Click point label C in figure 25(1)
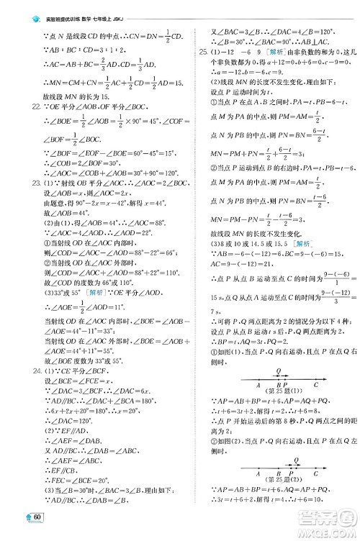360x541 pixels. tap(315, 404)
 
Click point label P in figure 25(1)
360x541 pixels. tap(286, 404)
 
